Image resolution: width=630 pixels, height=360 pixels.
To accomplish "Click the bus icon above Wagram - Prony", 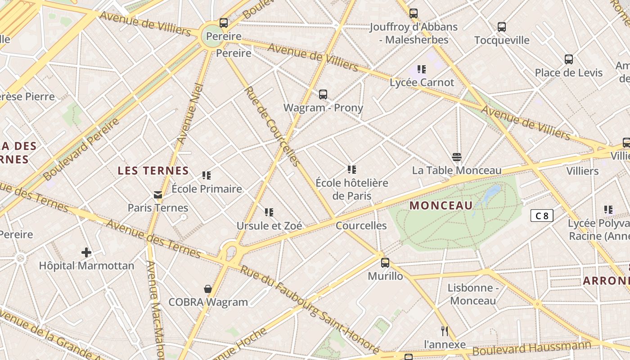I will click(x=323, y=94).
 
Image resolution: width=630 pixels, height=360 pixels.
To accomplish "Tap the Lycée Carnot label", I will click(x=422, y=82).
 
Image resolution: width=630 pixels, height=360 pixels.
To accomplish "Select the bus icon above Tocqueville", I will click(x=502, y=27).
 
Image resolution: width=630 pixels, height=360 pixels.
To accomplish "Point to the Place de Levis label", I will click(x=568, y=72).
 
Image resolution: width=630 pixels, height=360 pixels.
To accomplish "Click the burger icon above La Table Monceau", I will click(x=457, y=157).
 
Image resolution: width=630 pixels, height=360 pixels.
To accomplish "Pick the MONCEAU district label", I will click(x=441, y=206).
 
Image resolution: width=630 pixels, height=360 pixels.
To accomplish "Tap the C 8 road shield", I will click(x=542, y=216).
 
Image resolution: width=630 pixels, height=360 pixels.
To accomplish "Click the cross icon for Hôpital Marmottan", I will click(x=86, y=252).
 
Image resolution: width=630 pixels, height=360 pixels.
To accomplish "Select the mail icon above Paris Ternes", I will click(x=158, y=195).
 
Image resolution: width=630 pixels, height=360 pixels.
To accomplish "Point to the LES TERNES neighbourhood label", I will click(x=153, y=171).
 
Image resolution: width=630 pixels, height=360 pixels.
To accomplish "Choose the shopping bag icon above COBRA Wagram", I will click(x=208, y=289).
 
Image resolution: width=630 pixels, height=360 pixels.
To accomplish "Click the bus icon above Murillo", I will click(x=385, y=263).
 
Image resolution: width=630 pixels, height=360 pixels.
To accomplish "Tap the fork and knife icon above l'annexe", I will click(x=445, y=332).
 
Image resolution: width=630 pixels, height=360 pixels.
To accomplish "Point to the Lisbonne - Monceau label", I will click(x=473, y=294).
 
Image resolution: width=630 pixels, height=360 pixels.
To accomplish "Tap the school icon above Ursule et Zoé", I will click(x=269, y=212).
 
